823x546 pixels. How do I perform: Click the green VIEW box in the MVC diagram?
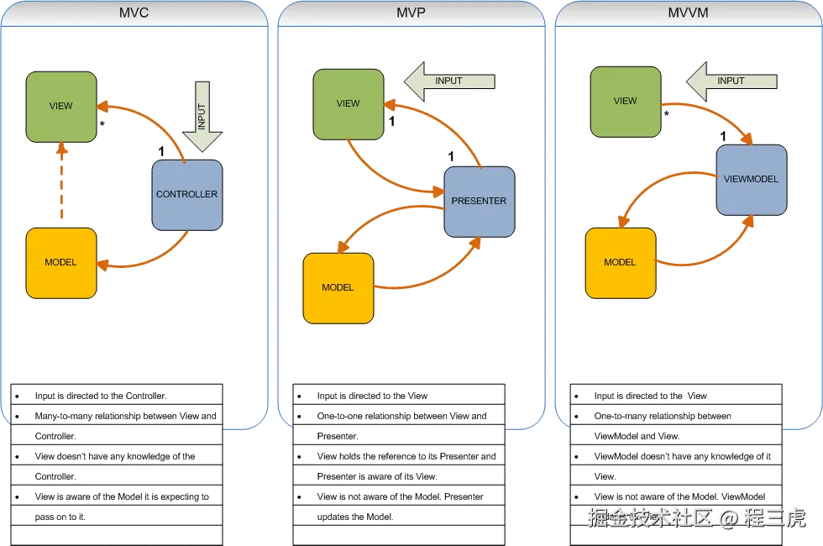60,106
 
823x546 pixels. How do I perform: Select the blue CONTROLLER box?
186,194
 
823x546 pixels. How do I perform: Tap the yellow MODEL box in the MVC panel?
60,262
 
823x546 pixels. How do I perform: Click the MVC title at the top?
134,13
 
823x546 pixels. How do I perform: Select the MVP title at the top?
411,13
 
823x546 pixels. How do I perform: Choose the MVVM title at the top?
689,13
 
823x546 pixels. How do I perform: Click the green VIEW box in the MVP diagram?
348,103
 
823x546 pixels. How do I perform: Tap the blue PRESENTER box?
479,201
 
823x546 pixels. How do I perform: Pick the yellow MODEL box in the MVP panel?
338,287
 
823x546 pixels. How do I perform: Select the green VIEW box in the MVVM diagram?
625,101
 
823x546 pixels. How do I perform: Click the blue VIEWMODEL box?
751,179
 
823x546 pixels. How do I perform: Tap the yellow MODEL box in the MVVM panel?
620,262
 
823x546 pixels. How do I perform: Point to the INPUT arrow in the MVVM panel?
724,81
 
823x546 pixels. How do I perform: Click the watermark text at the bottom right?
695,517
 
